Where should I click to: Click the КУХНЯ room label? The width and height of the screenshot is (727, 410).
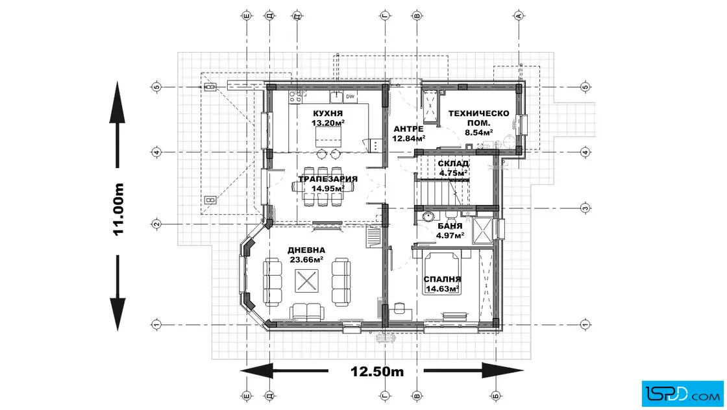coord(328,114)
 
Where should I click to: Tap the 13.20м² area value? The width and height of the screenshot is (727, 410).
coord(328,123)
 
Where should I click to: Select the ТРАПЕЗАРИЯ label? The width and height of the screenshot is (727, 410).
coord(328,179)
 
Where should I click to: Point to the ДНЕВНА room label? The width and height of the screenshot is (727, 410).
coord(306,250)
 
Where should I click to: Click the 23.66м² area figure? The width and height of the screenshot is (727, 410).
coord(306,259)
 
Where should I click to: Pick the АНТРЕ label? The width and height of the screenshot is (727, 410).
coord(408,129)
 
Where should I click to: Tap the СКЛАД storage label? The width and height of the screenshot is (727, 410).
coord(453,163)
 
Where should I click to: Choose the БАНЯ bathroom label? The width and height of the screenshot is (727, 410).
coord(450,226)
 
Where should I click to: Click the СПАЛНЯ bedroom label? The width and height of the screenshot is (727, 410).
coord(442,280)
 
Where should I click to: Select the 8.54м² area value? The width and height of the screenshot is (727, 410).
coord(479,132)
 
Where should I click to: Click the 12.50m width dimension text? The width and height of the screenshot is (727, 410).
coord(377,372)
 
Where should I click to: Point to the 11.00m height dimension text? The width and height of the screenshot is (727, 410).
coord(119,210)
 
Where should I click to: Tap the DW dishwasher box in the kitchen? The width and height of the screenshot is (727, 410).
coord(350,97)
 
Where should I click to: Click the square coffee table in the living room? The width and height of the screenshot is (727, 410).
coord(306,281)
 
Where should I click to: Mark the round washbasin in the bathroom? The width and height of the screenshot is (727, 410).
coord(428,216)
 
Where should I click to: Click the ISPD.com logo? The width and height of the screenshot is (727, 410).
coord(682,394)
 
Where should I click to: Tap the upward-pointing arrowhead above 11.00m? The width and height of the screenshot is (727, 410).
coord(117,103)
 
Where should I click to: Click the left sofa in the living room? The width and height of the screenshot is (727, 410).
coord(272,282)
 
